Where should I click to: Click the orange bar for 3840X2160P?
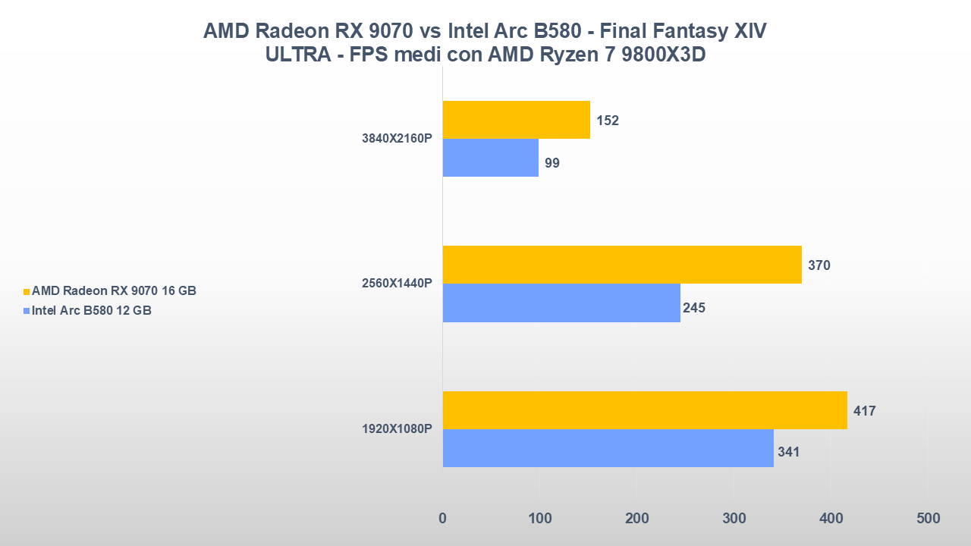pos(516,120)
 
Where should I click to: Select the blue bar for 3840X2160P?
pos(490,158)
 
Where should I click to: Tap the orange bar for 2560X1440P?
pos(622,265)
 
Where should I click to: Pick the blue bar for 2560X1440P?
pos(561,303)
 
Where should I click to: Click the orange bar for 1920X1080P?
pos(645,410)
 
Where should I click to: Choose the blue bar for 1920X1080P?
pos(608,448)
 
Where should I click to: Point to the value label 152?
pos(608,121)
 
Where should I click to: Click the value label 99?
pos(551,162)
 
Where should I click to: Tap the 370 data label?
pos(819,265)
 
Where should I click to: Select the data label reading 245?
pos(693,307)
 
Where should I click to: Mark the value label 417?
pos(864,411)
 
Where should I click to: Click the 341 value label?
pos(788,452)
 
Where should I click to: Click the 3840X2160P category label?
pos(397,139)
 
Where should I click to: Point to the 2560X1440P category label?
pos(397,284)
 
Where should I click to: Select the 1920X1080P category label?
pos(397,429)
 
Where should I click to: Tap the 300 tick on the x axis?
pos(734,519)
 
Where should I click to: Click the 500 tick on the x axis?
pos(928,519)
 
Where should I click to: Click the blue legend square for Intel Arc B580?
pos(27,311)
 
